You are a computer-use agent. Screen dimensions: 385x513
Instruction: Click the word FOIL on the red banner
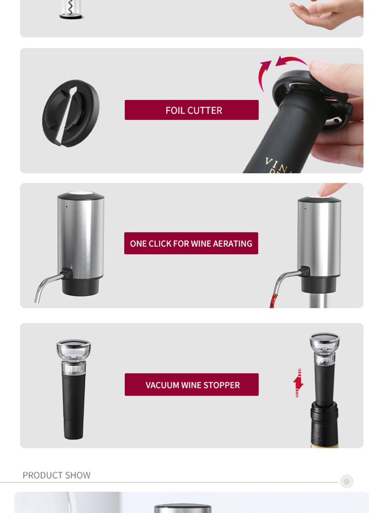(174, 110)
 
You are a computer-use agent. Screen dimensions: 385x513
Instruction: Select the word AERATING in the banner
(232, 243)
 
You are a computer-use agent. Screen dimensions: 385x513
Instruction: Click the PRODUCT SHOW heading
(56, 475)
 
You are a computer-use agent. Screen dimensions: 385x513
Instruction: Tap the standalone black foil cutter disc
(70, 113)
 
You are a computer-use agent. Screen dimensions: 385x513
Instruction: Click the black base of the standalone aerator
(80, 287)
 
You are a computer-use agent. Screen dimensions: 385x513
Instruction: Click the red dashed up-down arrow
(298, 383)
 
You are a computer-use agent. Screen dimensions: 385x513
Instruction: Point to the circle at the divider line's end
(346, 481)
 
